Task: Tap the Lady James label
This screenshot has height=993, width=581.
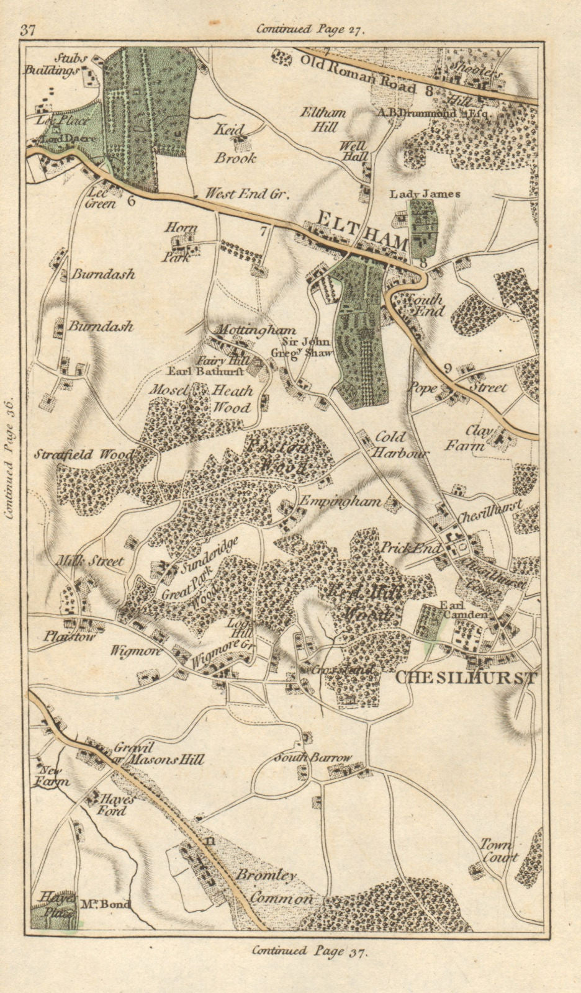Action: pyautogui.click(x=425, y=194)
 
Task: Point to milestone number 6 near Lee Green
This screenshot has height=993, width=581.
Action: pyautogui.click(x=130, y=200)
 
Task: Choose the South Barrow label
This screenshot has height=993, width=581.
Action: pyautogui.click(x=313, y=758)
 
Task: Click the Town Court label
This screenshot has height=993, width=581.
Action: pyautogui.click(x=498, y=851)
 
